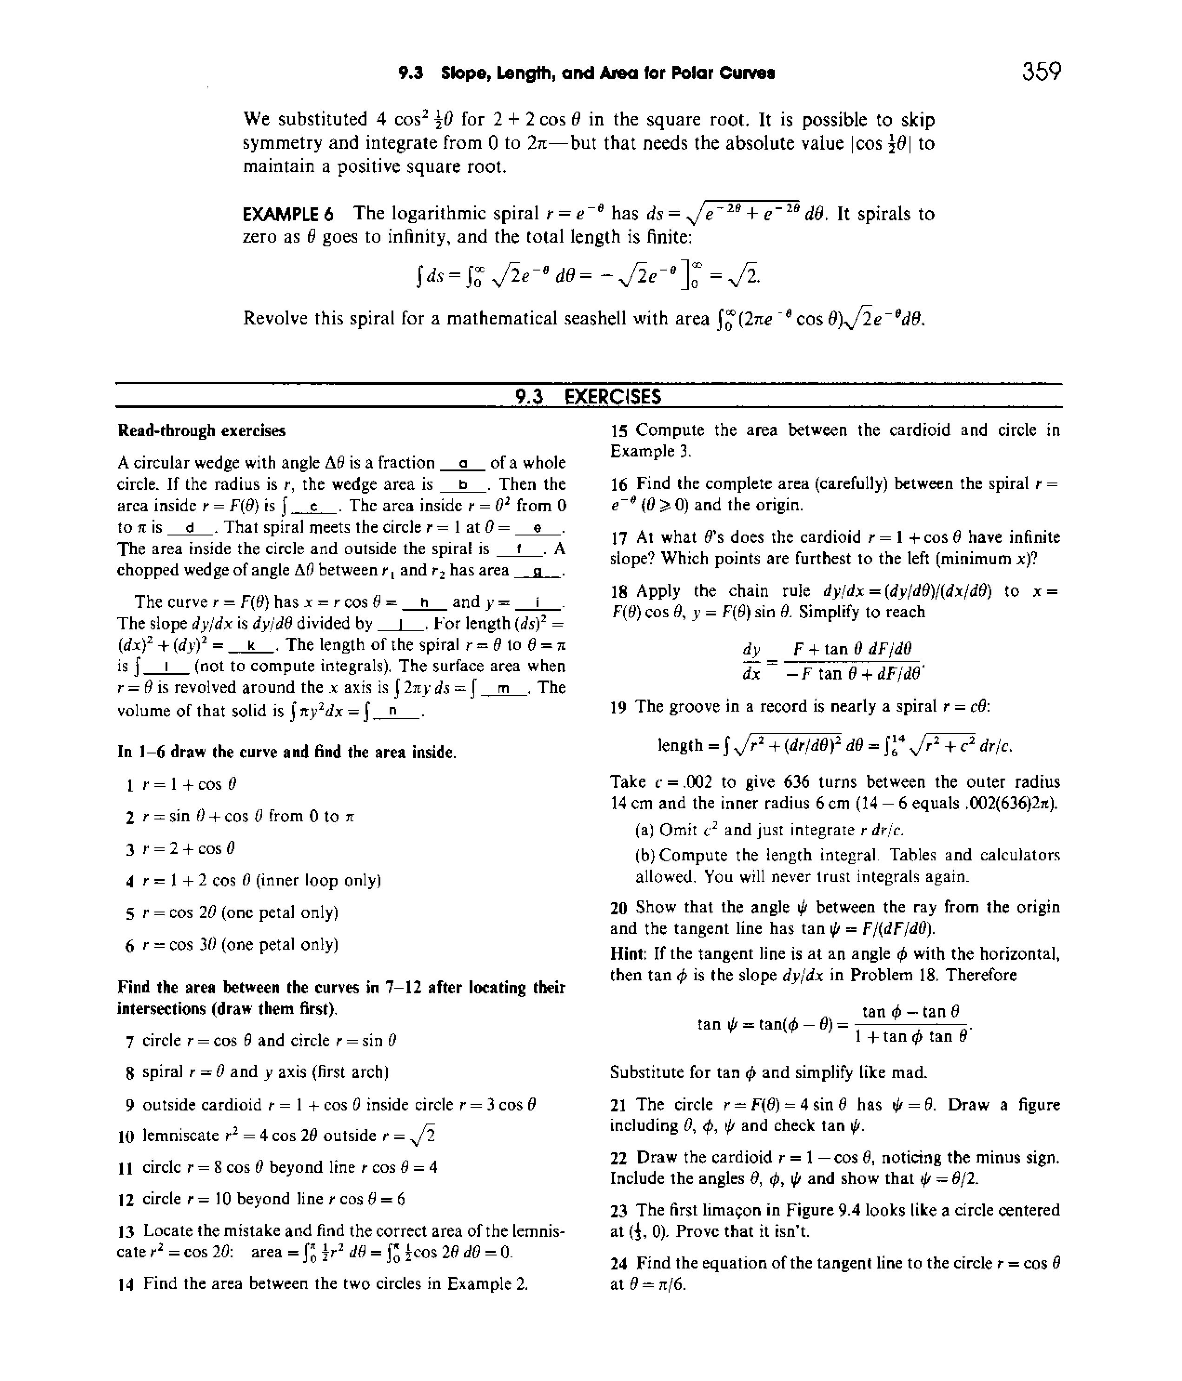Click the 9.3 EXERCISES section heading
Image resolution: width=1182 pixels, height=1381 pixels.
[x=589, y=397]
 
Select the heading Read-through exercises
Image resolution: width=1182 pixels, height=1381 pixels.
[x=201, y=430]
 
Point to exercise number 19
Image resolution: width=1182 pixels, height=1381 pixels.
[x=618, y=707]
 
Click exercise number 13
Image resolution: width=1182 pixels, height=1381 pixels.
[x=126, y=1231]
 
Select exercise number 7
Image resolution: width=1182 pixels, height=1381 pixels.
[x=130, y=1041]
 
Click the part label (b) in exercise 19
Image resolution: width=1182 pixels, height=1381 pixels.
[x=646, y=855]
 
